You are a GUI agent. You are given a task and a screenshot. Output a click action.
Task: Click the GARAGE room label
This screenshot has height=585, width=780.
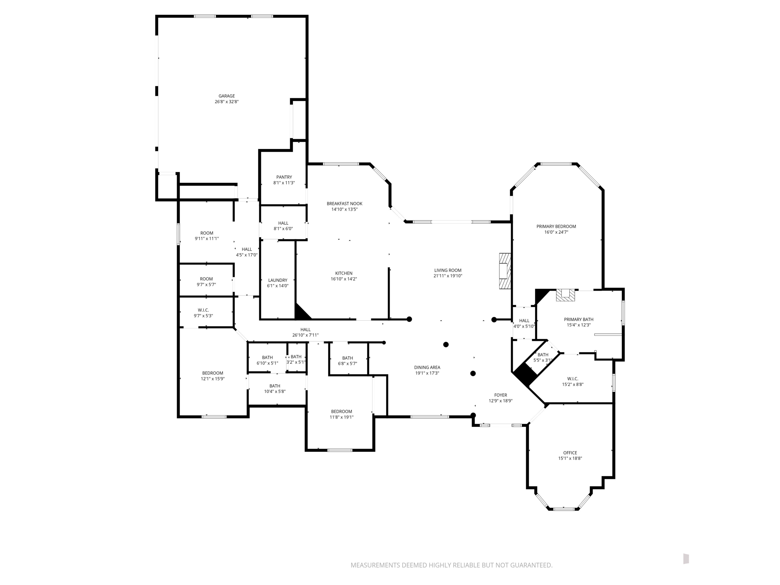point(226,96)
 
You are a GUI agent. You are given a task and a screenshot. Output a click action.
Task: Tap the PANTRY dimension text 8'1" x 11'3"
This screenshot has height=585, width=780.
point(284,183)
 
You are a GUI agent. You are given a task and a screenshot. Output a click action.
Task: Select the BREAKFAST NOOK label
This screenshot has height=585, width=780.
point(344,204)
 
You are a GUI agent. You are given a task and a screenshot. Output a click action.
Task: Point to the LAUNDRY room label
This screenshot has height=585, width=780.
point(277,280)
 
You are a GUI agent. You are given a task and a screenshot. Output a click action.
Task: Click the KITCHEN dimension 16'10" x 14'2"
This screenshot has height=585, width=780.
point(344,279)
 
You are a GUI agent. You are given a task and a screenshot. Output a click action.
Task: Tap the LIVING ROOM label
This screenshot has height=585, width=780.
point(448,270)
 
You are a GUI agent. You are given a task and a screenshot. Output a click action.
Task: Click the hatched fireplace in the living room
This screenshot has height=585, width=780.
point(505,272)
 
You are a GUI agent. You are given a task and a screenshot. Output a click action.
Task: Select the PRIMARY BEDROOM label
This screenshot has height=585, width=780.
point(556,227)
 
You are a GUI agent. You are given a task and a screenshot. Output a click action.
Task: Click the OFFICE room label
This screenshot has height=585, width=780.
point(570,453)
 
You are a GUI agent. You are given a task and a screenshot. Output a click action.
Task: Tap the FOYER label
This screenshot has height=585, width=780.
point(500,395)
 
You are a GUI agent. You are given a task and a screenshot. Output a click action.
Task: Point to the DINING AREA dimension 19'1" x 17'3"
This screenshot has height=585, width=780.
point(427,373)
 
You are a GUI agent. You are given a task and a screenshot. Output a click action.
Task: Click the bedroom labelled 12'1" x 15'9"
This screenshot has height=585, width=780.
point(213,376)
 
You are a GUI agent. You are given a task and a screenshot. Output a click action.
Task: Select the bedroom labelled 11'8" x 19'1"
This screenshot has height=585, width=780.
point(341,414)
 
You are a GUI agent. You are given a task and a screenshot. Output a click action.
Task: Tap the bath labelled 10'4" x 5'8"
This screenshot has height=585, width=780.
point(275,388)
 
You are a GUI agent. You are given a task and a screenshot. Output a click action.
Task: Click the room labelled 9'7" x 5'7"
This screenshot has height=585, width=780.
point(206,281)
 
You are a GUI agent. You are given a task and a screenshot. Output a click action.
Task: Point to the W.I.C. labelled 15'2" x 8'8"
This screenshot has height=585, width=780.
point(572,381)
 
